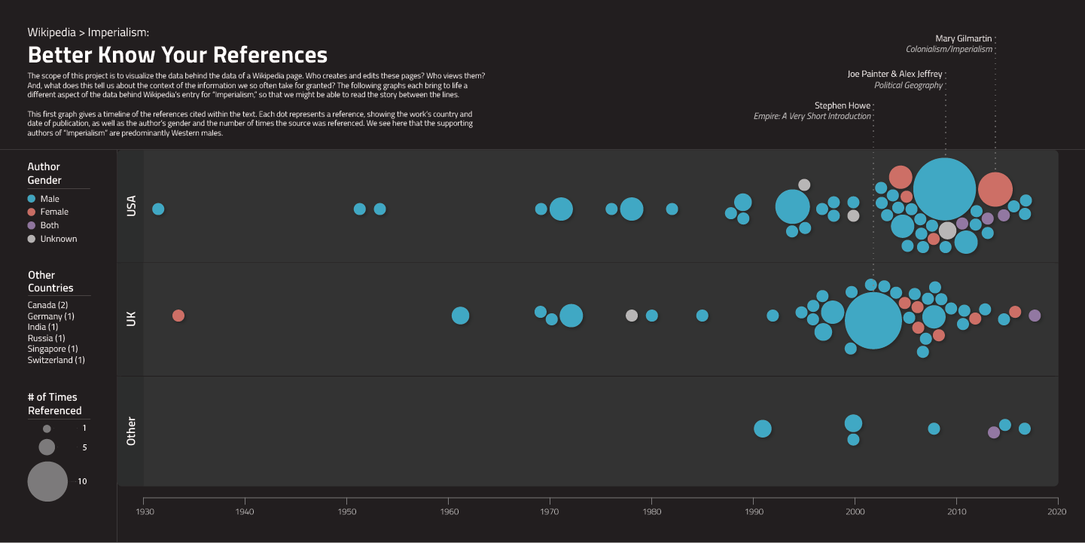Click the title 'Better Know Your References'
point(178,56)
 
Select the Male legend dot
point(31,199)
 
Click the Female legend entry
point(53,212)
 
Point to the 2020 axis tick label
point(1058,512)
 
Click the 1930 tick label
point(144,512)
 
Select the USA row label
point(131,206)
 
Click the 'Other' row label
point(131,431)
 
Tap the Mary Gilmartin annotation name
point(964,38)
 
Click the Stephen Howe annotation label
point(843,105)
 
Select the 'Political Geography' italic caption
point(908,85)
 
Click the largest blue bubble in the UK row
point(873,320)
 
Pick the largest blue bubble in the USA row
point(944,189)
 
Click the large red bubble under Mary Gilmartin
point(995,189)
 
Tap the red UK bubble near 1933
point(178,316)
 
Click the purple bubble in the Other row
point(993,432)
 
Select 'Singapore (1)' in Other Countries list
point(53,349)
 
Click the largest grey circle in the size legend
point(47,481)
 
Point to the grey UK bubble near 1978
point(632,316)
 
